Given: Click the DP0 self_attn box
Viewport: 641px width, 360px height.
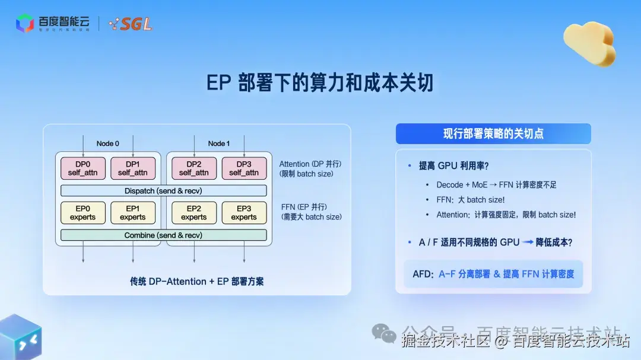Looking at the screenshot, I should [82, 168].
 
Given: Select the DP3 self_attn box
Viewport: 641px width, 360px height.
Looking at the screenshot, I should [244, 168].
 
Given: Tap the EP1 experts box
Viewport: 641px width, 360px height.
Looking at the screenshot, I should [132, 212].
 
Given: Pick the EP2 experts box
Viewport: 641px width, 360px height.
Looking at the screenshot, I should [194, 212].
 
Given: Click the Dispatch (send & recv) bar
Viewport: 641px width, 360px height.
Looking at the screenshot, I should [164, 190].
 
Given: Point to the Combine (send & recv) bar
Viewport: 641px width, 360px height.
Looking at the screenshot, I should [164, 235].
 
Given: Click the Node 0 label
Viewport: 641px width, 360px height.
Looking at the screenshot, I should [108, 144].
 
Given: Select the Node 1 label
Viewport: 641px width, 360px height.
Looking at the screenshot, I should [219, 144].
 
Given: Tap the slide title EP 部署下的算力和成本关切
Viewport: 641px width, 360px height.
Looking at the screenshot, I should [320, 83].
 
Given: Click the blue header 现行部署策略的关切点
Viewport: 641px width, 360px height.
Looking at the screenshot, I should [493, 133].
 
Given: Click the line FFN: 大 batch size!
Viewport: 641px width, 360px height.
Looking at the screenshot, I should [471, 200].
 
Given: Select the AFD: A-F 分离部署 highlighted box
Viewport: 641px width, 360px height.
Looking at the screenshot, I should [493, 274].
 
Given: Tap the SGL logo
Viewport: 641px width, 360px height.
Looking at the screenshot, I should [131, 24].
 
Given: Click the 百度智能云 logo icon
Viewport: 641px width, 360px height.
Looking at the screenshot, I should [25, 23].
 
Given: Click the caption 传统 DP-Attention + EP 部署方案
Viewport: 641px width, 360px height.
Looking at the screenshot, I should [197, 281].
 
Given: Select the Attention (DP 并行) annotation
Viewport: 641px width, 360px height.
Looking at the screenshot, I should [310, 164].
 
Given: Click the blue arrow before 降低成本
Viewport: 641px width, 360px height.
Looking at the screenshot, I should [528, 243].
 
